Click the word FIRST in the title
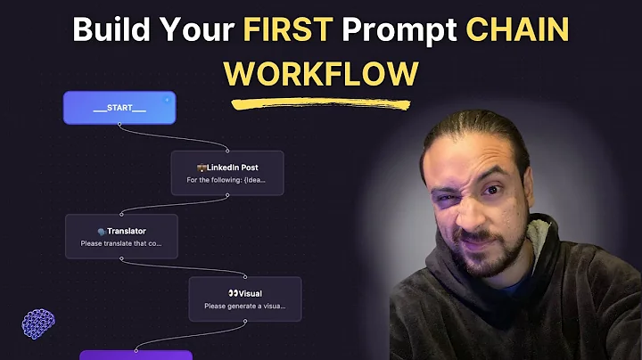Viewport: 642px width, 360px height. [x=288, y=30]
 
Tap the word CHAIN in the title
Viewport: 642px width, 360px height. [x=516, y=30]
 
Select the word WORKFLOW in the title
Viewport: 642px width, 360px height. [x=320, y=70]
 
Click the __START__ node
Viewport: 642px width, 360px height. [x=119, y=108]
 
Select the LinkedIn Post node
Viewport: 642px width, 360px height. [x=227, y=173]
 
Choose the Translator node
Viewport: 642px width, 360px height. [x=120, y=236]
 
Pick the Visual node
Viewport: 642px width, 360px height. [x=244, y=299]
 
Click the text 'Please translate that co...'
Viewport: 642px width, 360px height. [x=120, y=243]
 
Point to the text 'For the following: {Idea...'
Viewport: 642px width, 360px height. [x=226, y=180]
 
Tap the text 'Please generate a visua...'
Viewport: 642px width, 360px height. [x=243, y=306]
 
